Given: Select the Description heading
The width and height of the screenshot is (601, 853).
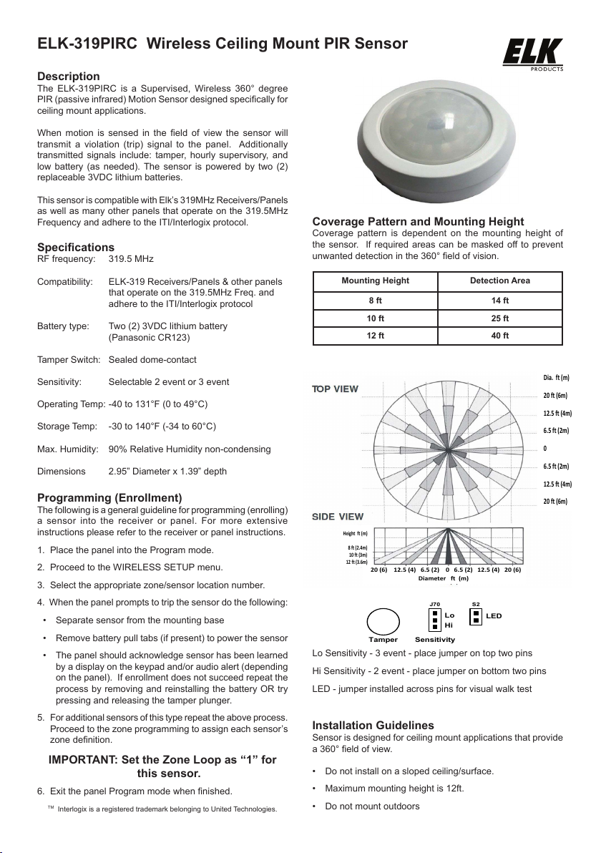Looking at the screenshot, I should pyautogui.click(x=69, y=77).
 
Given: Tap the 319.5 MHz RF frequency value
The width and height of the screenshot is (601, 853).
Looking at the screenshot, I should pyautogui.click(x=131, y=258).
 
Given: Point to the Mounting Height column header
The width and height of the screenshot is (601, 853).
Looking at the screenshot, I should pyautogui.click(x=376, y=281).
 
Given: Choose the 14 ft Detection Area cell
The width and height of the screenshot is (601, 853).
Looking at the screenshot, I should pyautogui.click(x=500, y=301).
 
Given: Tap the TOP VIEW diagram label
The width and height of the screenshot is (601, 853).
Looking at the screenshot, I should pyautogui.click(x=335, y=389).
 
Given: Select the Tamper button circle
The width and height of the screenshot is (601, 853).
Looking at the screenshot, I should pyautogui.click(x=383, y=620).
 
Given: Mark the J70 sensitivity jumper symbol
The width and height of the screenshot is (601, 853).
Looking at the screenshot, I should pyautogui.click(x=434, y=620).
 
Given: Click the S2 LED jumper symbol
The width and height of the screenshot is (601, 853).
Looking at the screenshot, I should pyautogui.click(x=476, y=615).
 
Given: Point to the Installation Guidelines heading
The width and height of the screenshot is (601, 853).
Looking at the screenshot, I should pyautogui.click(x=373, y=726).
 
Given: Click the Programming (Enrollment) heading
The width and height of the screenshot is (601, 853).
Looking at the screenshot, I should pyautogui.click(x=109, y=498).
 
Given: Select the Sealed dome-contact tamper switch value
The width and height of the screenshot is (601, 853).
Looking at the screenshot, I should pyautogui.click(x=152, y=359).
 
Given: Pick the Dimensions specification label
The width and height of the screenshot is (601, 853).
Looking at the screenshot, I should pyautogui.click(x=61, y=472).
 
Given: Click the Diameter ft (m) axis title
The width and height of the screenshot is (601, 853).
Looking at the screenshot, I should pyautogui.click(x=444, y=578).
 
